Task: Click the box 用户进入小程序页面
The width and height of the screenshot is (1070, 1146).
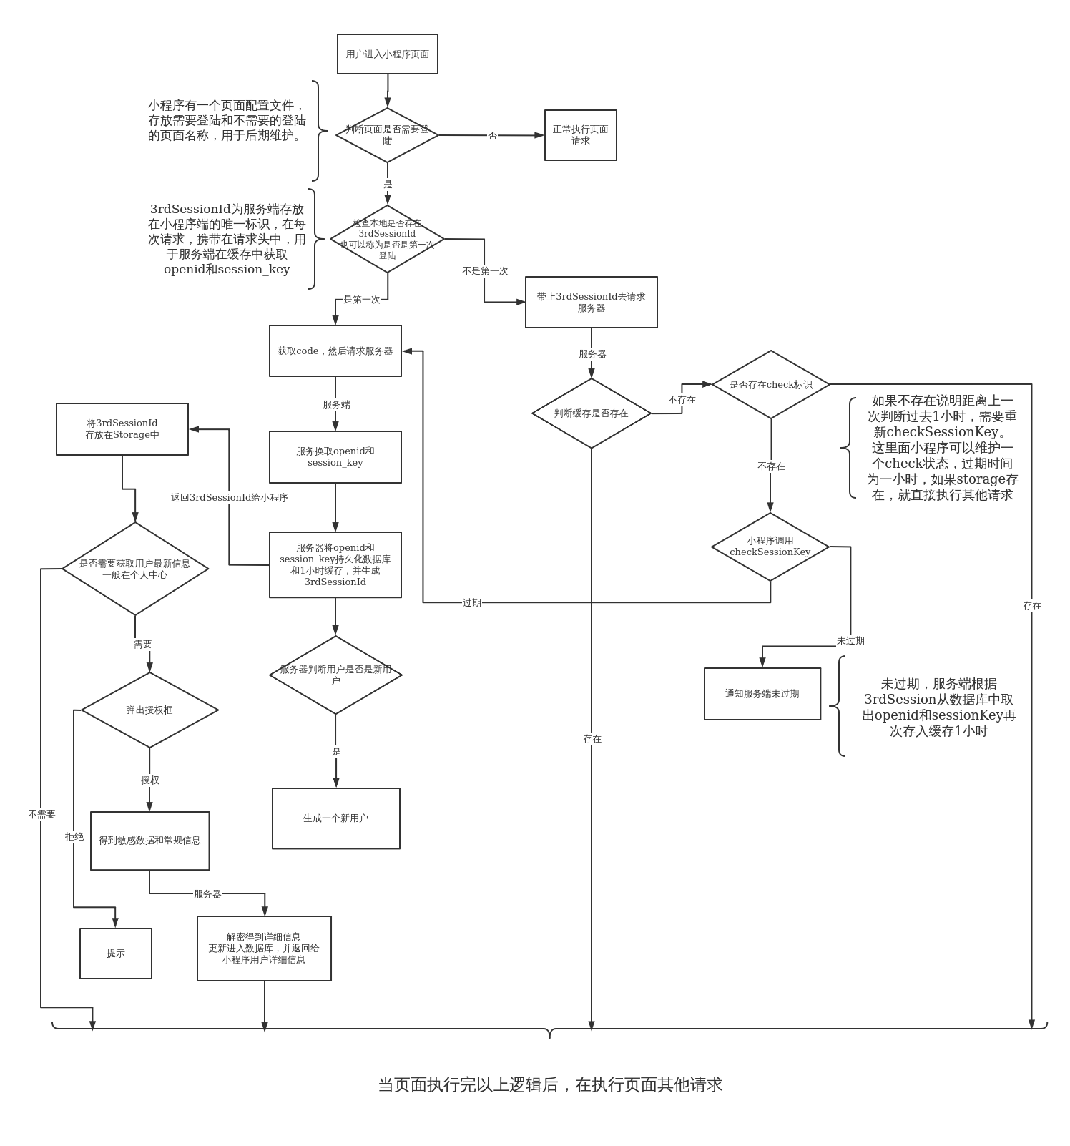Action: [387, 54]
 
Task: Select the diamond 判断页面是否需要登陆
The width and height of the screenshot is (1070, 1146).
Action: [387, 134]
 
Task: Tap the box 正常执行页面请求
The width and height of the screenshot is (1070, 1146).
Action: [580, 135]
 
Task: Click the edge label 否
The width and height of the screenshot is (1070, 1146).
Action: [492, 136]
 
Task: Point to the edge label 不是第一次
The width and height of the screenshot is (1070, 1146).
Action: [485, 271]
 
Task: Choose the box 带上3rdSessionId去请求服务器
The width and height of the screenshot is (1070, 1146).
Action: [591, 302]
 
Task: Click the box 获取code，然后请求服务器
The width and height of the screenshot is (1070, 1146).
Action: [335, 351]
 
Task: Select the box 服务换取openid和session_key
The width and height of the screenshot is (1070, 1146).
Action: [335, 457]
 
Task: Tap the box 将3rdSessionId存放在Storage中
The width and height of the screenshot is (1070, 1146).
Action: [122, 429]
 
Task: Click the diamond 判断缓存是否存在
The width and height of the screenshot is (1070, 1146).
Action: [591, 413]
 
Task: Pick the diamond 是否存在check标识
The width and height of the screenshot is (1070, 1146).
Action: [770, 385]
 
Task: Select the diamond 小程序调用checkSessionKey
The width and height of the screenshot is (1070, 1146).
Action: [770, 547]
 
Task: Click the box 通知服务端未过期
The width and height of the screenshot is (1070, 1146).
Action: [762, 694]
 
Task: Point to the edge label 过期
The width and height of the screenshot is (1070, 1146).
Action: [471, 603]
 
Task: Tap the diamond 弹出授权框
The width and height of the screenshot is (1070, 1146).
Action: [149, 710]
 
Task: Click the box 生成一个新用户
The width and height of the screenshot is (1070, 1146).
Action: [335, 818]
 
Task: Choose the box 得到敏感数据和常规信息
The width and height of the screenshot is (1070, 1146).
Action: [149, 841]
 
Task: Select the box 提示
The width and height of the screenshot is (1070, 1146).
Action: [116, 954]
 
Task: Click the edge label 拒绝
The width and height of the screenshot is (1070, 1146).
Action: [74, 837]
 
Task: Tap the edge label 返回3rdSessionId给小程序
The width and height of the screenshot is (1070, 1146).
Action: [229, 498]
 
